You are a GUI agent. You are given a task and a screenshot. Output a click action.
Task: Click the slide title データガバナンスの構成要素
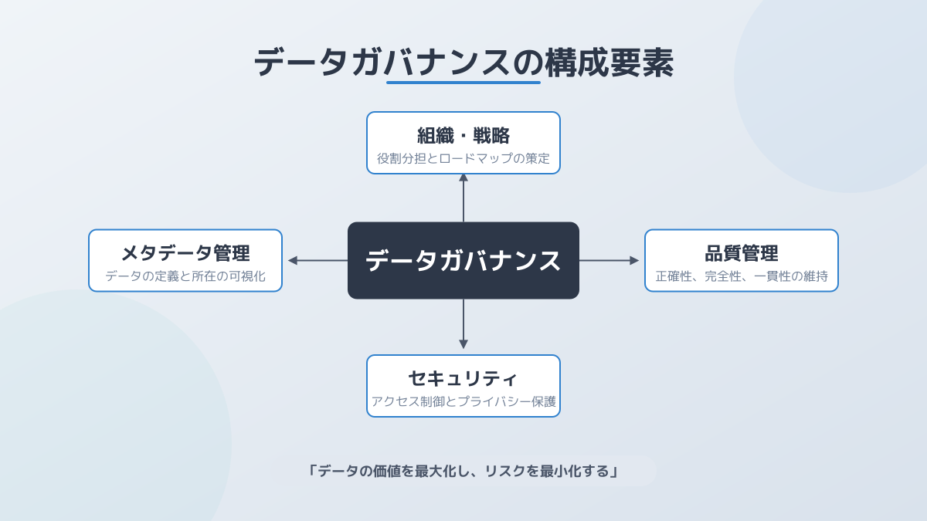(463, 63)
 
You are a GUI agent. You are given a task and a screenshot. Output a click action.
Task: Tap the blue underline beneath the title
(463, 83)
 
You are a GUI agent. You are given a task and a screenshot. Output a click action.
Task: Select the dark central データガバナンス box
(463, 261)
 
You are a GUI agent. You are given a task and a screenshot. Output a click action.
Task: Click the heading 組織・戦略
(463, 136)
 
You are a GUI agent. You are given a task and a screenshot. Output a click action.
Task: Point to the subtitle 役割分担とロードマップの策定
(463, 158)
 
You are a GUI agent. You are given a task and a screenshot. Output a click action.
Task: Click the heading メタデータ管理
(185, 253)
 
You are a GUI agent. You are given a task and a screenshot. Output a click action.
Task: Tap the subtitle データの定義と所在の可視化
(185, 276)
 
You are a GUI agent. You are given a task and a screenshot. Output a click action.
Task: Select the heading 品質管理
(742, 253)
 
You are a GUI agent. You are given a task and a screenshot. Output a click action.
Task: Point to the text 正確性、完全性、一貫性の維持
(742, 276)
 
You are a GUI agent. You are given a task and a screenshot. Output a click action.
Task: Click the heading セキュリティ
(463, 379)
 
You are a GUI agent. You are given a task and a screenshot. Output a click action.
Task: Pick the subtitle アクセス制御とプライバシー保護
(463, 401)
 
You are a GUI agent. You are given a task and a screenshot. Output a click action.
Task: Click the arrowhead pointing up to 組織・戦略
(463, 178)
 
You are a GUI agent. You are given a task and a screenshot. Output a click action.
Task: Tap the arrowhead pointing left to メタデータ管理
(292, 261)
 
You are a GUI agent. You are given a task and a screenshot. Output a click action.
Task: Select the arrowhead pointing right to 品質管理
(634, 261)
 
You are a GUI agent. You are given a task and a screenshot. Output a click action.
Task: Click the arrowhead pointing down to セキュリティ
(463, 344)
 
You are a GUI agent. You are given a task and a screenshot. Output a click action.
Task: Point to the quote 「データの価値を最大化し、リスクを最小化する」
(463, 471)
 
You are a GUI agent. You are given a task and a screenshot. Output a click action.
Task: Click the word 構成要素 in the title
(609, 63)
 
